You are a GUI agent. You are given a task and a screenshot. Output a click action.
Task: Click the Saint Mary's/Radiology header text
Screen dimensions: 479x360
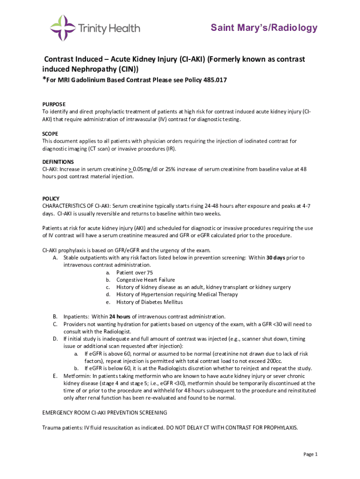point(264,28)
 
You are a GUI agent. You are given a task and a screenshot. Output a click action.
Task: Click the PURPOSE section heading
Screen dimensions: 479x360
point(54,104)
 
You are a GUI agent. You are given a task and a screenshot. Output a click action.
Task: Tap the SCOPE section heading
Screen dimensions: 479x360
point(50,133)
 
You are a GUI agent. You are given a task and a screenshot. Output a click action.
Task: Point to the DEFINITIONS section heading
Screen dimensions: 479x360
point(58,162)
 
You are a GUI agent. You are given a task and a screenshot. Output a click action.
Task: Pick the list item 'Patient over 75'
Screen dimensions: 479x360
point(135,272)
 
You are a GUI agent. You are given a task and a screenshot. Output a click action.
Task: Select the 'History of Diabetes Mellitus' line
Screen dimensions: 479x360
point(150,302)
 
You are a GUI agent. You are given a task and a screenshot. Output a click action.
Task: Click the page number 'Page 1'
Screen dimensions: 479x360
point(310,454)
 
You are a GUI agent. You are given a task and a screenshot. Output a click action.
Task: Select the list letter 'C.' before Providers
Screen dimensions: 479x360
point(55,324)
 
